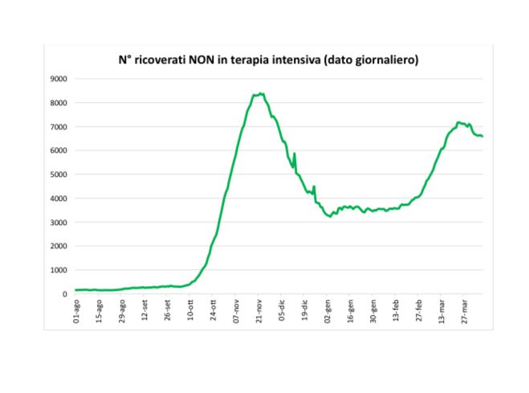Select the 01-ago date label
(77, 310)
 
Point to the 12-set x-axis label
(145, 310)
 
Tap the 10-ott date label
(191, 310)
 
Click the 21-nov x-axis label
(259, 310)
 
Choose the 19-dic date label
(305, 310)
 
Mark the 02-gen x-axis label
(328, 310)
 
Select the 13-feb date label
(396, 310)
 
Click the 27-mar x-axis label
(465, 310)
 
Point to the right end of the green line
(482, 136)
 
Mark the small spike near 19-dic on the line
(313, 186)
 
